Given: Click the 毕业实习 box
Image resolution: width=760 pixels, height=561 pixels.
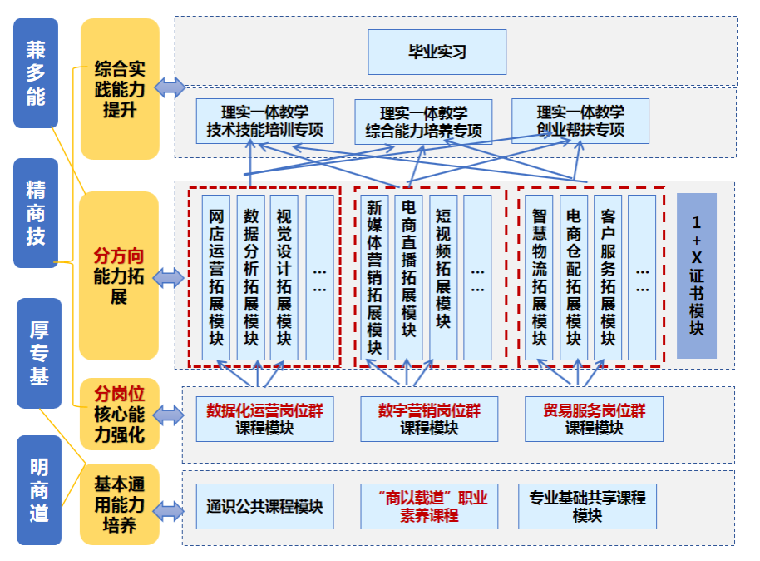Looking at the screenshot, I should click(437, 52).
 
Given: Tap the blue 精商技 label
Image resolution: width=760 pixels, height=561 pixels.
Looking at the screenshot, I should click(36, 213).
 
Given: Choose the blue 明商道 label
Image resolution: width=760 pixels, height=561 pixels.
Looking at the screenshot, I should click(39, 490).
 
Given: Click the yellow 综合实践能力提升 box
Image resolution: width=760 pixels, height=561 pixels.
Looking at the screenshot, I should click(120, 88).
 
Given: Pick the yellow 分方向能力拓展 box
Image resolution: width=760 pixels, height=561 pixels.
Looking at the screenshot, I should click(119, 276).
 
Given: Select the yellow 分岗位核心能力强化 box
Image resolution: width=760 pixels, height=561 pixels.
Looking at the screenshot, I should click(120, 414).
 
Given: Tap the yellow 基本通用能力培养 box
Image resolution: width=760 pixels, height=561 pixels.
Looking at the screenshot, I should click(120, 504).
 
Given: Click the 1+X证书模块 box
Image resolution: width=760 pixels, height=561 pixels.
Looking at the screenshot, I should click(696, 276).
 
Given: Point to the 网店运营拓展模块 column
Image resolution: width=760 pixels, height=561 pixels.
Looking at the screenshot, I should click(217, 277).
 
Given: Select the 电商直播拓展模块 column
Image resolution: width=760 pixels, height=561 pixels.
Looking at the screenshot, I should click(408, 277).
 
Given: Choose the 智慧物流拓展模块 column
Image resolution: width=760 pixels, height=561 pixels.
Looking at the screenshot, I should click(539, 277).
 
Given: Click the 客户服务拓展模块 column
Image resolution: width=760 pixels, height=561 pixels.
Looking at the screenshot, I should click(608, 277).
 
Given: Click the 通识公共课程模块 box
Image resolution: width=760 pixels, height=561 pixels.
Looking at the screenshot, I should click(264, 506).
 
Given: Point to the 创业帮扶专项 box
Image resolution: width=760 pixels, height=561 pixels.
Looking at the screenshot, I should click(580, 121).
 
